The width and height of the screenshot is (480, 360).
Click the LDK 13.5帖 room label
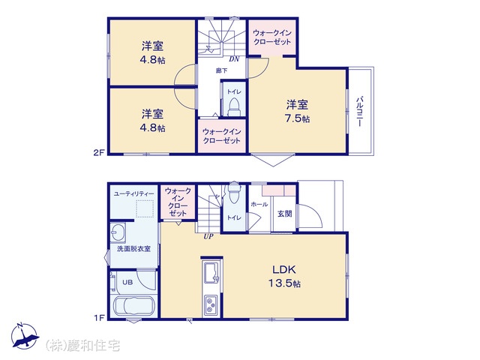[x=285, y=277]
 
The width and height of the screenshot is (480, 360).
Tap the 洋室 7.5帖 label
[x=297, y=112]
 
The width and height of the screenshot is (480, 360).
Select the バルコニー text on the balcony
[x=360, y=112]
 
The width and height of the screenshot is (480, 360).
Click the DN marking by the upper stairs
[x=234, y=59]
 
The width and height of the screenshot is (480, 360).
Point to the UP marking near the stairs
[x=208, y=237]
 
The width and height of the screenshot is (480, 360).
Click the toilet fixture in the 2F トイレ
[x=235, y=106]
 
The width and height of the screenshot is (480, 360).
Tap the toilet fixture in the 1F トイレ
[x=235, y=193]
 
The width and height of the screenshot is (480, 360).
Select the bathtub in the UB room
[x=133, y=306]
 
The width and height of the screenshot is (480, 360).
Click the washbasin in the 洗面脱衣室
[x=118, y=232]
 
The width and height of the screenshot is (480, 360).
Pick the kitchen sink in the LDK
[x=211, y=272]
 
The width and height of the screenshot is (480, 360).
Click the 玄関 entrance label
[x=285, y=214]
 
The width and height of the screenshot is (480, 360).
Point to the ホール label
[x=259, y=204]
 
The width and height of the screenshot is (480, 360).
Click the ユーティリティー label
[x=133, y=193]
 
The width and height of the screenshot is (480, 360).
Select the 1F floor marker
[x=99, y=318]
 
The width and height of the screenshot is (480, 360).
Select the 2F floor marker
[x=99, y=152]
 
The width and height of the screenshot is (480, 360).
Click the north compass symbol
[x=25, y=336]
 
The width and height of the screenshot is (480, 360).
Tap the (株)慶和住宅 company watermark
[x=82, y=346]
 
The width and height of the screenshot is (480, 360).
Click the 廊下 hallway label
[x=221, y=70]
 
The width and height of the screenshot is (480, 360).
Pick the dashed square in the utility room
[x=145, y=208]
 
